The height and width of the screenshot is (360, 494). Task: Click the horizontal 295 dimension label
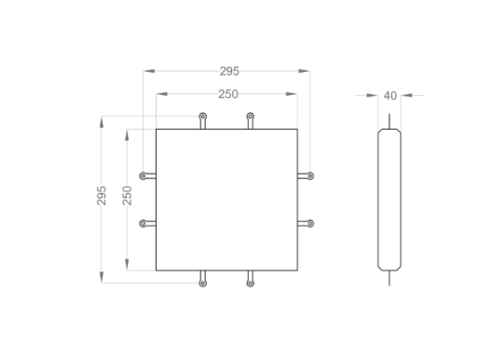[x=229, y=71]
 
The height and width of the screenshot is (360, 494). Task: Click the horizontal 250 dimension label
[x=228, y=94]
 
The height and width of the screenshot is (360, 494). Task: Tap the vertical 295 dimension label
[x=102, y=196]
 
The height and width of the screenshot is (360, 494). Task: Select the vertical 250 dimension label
[x=127, y=196]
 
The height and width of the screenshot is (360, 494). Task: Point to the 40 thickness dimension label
[x=390, y=95]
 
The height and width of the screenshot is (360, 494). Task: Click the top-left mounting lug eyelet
[x=203, y=117]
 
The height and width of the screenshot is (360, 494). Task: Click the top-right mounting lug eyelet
[x=250, y=117]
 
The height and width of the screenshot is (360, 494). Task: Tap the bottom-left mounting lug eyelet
[x=203, y=284]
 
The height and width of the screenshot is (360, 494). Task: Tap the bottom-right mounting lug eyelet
[x=250, y=284]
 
